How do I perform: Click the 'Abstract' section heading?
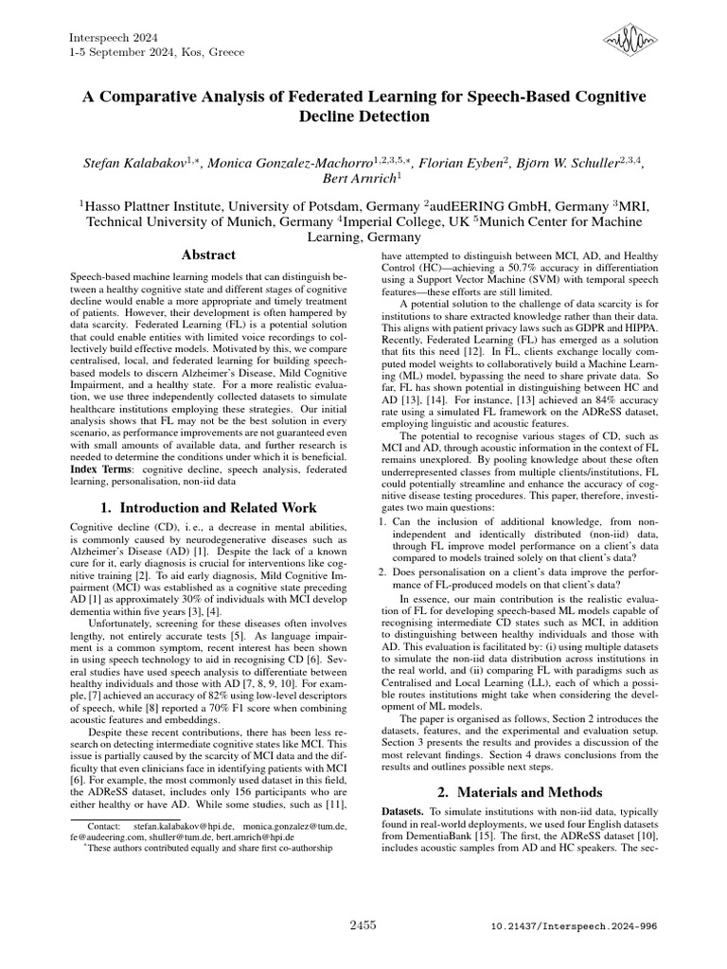click(208, 255)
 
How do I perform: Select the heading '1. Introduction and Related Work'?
click(208, 508)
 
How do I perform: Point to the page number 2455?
click(363, 923)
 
